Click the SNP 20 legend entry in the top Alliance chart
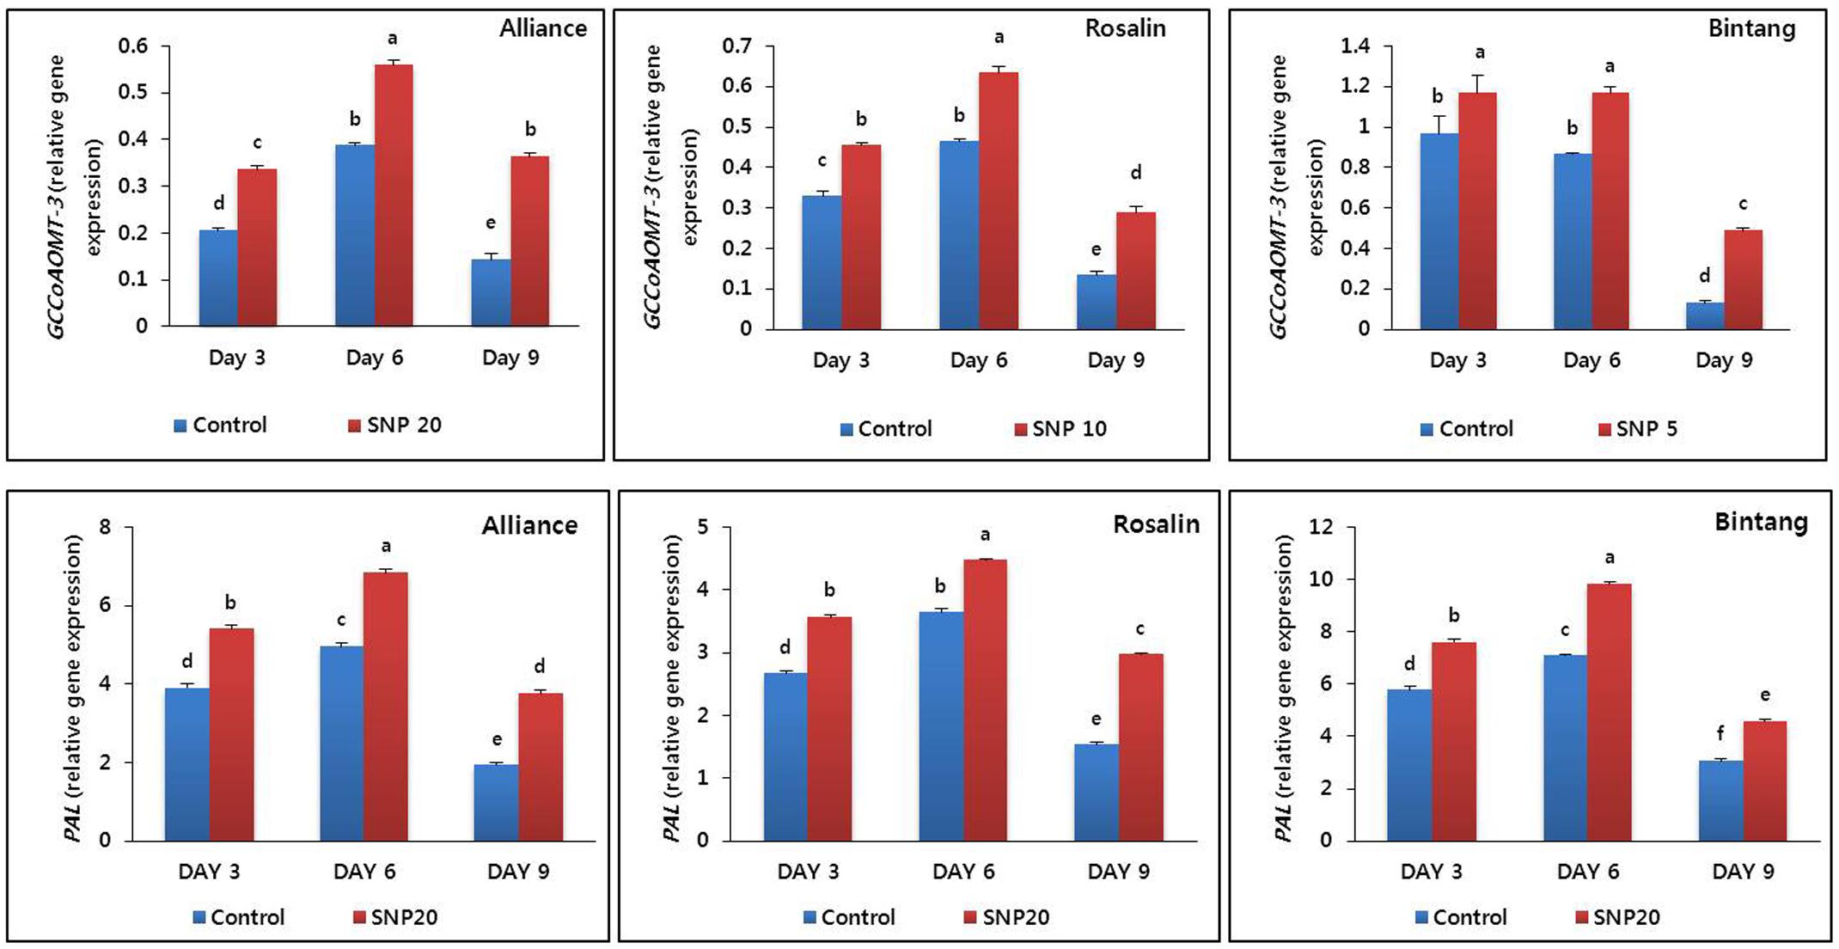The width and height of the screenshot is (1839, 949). click(x=394, y=426)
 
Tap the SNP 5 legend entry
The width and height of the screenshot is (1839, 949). click(x=1637, y=429)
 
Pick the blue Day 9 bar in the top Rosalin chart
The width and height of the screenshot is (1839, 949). click(x=1097, y=302)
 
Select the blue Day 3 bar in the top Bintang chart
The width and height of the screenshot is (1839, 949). click(x=1439, y=231)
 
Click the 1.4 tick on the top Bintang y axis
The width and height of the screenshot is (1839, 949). click(x=1355, y=46)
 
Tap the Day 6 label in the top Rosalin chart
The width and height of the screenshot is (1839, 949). click(x=978, y=360)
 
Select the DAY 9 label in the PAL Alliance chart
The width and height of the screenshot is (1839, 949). click(x=518, y=872)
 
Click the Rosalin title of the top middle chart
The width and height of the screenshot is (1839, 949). click(x=1125, y=28)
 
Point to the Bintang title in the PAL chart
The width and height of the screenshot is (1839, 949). click(x=1761, y=522)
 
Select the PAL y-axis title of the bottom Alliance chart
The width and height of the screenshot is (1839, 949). click(x=74, y=688)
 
